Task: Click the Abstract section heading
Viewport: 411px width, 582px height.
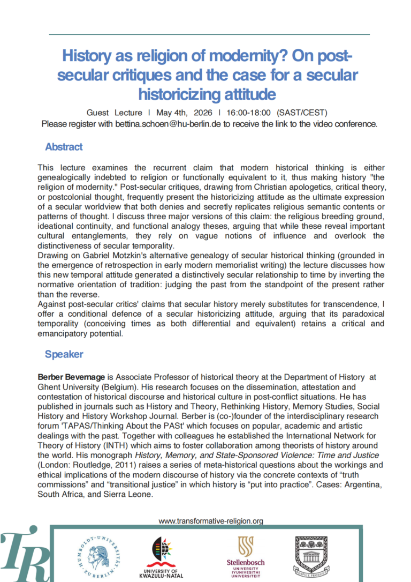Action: [64, 146]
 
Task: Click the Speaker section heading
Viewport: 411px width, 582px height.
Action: [64, 354]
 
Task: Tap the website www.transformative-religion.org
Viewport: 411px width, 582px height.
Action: [211, 520]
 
